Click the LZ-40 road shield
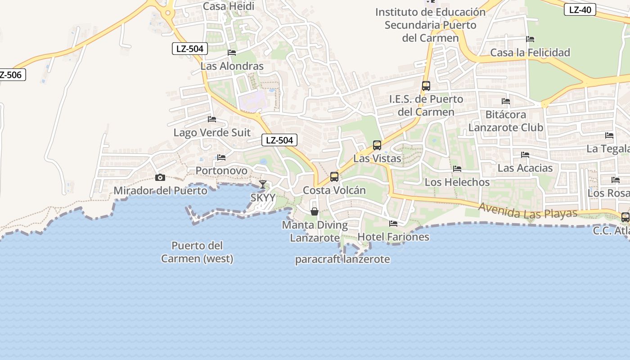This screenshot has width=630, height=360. (x=580, y=9)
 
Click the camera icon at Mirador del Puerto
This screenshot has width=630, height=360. (x=160, y=177)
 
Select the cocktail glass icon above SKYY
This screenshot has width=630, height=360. (x=263, y=184)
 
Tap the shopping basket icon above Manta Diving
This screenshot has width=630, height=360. (x=315, y=211)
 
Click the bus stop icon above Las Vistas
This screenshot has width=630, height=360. (x=377, y=145)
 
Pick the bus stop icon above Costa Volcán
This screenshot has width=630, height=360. (x=334, y=177)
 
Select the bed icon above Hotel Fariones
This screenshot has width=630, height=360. (x=393, y=223)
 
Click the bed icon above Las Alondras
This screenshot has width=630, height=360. (x=232, y=53)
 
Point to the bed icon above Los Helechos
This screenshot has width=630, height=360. (x=457, y=169)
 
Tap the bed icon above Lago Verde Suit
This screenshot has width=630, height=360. (x=212, y=119)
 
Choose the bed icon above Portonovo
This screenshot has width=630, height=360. (x=221, y=157)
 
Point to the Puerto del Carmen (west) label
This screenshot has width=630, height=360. (x=197, y=252)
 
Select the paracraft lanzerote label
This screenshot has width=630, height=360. (x=342, y=260)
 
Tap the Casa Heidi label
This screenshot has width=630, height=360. (x=229, y=6)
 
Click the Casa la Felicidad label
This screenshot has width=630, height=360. (x=530, y=53)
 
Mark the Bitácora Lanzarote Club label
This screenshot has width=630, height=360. (x=506, y=121)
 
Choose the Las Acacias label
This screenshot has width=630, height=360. (x=525, y=168)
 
